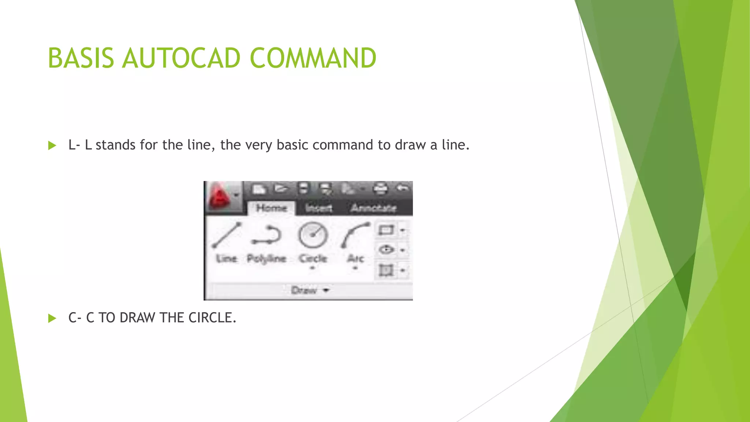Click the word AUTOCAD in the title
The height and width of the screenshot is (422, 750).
181,58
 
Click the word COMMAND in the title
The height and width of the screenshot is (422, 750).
313,58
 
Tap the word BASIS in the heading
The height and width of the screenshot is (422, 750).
81,58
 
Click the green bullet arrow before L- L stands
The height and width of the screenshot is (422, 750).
52,145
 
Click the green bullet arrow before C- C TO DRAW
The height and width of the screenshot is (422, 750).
52,318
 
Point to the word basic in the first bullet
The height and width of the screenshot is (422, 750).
293,145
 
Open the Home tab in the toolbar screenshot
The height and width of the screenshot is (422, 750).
271,208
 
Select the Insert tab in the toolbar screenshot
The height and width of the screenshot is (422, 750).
319,208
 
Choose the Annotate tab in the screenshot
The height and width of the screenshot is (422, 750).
374,208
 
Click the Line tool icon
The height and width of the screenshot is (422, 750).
227,235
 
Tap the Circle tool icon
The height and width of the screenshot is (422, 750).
313,235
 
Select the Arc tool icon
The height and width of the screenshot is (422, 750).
355,235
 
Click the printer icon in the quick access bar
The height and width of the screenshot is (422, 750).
380,189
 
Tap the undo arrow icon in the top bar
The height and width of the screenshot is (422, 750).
402,188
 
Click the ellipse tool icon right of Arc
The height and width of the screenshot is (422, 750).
386,250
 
